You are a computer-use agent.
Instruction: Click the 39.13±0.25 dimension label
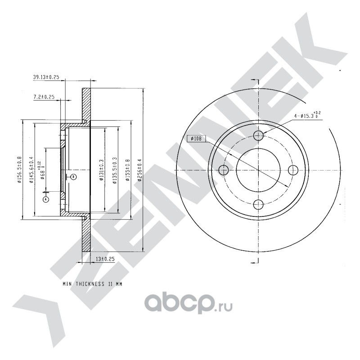pyautogui.click(x=46, y=77)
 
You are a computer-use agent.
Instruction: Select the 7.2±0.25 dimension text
pyautogui.click(x=44, y=97)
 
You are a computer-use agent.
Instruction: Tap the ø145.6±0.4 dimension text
pyautogui.click(x=31, y=170)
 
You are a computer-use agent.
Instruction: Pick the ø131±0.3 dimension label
pyautogui.click(x=101, y=170)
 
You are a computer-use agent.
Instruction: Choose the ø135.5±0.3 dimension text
pyautogui.click(x=115, y=170)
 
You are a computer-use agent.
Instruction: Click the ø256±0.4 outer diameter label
pyautogui.click(x=139, y=170)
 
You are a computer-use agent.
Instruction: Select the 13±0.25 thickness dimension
pyautogui.click(x=106, y=259)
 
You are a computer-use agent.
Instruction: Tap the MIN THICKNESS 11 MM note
pyautogui.click(x=92, y=285)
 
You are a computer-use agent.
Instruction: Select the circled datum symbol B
pyautogui.click(x=74, y=177)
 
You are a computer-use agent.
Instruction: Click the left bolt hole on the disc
pyautogui.click(x=224, y=170)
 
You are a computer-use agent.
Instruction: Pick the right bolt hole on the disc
pyautogui.click(x=293, y=170)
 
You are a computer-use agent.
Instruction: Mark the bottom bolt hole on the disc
pyautogui.click(x=258, y=205)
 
